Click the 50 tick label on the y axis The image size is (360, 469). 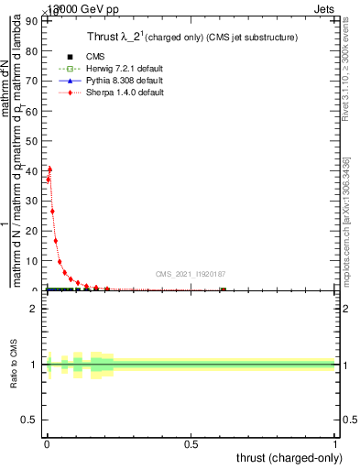click(34, 141)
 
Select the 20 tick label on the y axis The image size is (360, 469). click(34, 231)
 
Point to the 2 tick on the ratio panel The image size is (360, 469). click(34, 309)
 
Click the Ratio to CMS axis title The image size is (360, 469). click(14, 365)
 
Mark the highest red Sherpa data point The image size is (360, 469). click(49, 169)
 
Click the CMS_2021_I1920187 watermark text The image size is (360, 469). click(191, 273)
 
